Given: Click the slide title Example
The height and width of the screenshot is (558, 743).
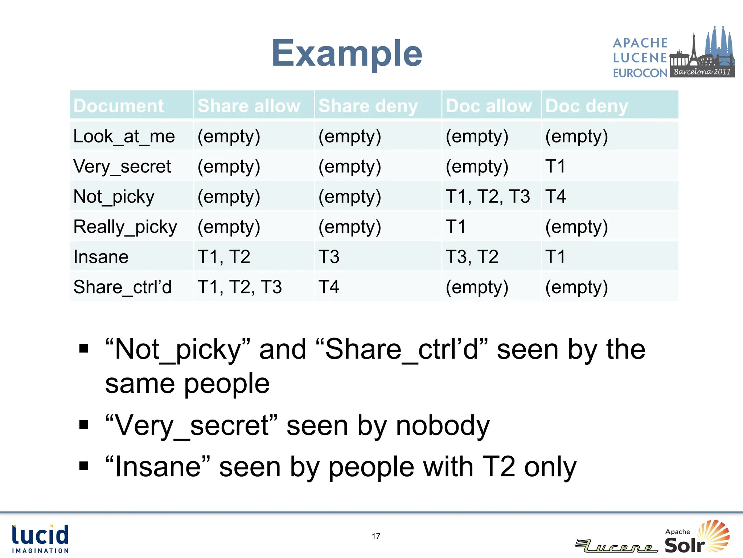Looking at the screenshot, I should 347,54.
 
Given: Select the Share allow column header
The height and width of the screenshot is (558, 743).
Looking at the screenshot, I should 249,106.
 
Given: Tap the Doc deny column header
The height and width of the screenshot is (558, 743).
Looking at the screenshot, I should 586,106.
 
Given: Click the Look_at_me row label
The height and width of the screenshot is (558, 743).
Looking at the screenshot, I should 124,137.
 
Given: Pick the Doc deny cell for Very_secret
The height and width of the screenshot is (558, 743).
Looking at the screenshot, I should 555,167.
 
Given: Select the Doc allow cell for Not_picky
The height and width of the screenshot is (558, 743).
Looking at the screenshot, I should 488,197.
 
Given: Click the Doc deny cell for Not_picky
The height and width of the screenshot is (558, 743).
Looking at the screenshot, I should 555,197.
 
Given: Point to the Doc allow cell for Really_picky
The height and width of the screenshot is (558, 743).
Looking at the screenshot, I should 456,227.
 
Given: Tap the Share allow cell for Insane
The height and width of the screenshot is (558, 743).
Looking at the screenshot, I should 224,257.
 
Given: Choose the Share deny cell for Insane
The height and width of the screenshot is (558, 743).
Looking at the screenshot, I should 329,257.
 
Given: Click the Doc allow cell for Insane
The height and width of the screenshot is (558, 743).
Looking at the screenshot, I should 472,257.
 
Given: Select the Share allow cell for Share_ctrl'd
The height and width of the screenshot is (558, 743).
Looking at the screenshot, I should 239,287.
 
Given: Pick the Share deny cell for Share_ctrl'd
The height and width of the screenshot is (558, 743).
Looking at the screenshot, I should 329,287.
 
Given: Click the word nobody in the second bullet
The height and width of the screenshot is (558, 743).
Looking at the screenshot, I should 443,426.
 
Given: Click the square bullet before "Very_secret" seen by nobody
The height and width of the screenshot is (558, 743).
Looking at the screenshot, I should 84,424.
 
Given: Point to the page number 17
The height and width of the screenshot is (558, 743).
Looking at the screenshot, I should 376,536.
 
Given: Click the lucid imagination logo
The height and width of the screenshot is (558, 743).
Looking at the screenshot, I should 40,539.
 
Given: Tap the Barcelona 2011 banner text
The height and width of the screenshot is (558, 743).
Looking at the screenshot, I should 702,72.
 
